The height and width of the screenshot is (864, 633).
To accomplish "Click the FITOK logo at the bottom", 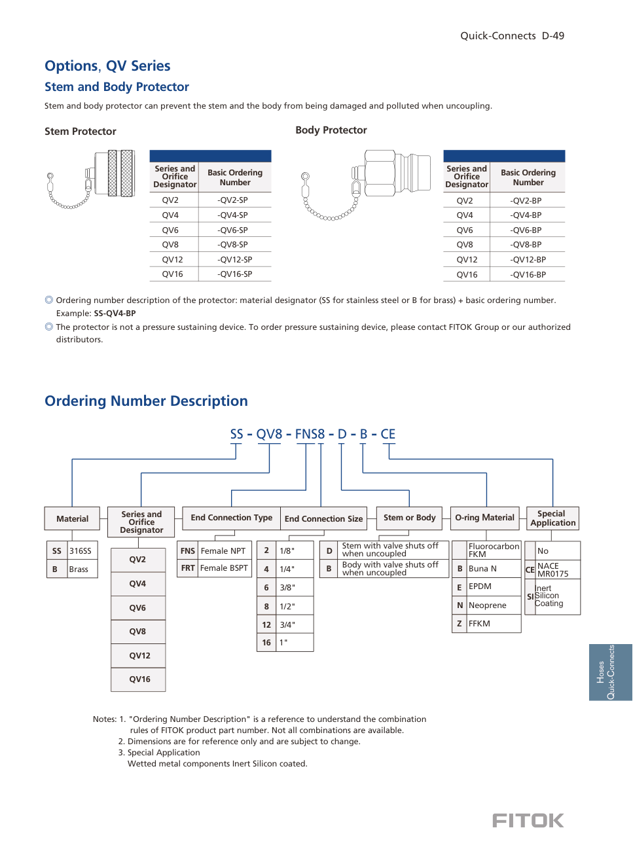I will [528, 821].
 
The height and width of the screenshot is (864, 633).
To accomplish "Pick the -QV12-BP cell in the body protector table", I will [528, 260].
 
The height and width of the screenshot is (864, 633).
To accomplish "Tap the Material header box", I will [72, 518].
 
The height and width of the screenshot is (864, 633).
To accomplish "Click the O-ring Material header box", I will [485, 518].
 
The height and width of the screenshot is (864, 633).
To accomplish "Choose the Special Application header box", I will [552, 518].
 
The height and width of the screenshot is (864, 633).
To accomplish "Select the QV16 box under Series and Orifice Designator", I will [139, 679].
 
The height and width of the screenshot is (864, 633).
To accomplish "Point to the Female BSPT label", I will [224, 568].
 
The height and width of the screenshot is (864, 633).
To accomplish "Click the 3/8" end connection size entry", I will [287, 588].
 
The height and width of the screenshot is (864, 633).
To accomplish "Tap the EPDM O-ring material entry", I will [480, 586].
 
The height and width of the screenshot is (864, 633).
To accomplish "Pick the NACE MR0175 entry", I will [552, 569].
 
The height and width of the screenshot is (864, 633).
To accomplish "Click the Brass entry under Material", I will [79, 569].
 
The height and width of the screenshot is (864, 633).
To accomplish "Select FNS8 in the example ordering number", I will [310, 435].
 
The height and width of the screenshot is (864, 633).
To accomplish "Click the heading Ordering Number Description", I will [146, 401].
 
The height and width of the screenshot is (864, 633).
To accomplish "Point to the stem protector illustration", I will [92, 178].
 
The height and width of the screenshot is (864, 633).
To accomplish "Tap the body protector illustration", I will [367, 183].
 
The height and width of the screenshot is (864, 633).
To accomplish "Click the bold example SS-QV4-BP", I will [115, 314].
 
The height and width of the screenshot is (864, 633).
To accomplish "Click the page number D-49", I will [552, 36].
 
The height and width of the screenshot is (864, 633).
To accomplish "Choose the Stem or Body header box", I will [409, 518].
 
